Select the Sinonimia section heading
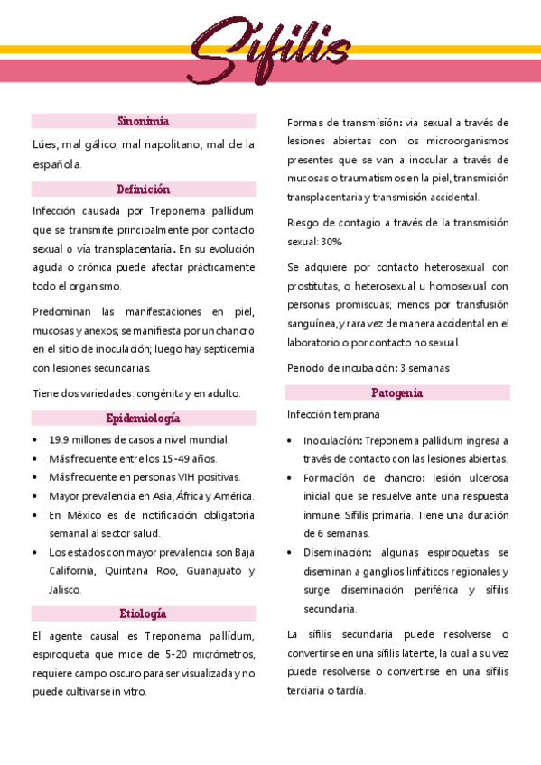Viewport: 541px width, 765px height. coord(144,121)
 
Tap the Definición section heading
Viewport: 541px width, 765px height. coord(144,189)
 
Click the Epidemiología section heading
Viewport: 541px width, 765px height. coord(144,418)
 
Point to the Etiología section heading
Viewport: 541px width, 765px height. coord(144,613)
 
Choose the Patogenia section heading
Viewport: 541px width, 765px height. coord(397,392)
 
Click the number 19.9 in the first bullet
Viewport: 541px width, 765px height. coord(61,439)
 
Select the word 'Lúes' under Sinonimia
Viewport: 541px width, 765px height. coord(44,143)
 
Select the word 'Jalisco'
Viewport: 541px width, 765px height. coord(66,589)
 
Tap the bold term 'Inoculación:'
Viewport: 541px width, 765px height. coord(332,441)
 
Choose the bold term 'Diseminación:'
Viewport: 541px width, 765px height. coord(336,552)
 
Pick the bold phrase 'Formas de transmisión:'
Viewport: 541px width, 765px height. coord(344,122)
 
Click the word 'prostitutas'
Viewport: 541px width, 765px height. coord(315,286)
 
